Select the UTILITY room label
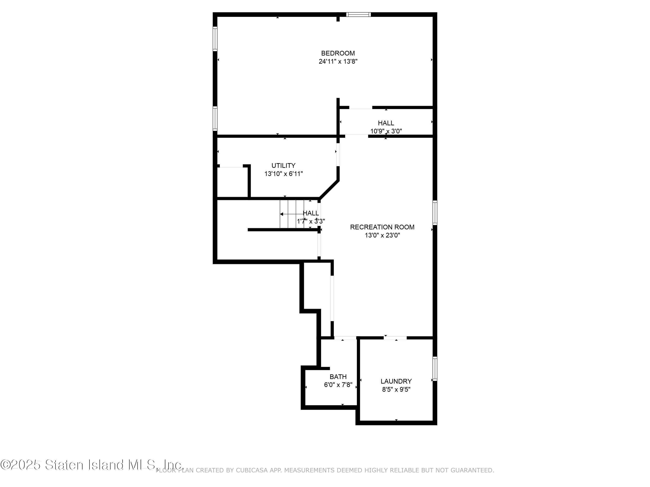pos(283,166)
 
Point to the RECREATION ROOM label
pos(382,227)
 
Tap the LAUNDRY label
pos(396,381)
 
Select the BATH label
pos(338,377)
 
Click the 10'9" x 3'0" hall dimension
pos(386,131)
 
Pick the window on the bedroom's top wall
pos(358,14)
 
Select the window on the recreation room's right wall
pos(435,213)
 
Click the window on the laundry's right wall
pos(435,369)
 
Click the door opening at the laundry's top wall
pos(395,338)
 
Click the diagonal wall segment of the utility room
pos(329,190)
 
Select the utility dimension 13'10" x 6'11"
pos(283,174)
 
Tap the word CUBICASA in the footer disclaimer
pos(252,470)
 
